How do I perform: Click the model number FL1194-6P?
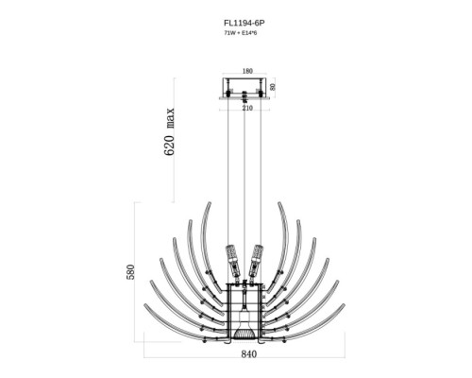click(x=244, y=23)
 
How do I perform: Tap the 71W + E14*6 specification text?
click(x=241, y=33)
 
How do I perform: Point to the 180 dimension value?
click(x=247, y=71)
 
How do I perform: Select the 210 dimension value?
click(x=247, y=108)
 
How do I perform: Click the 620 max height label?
click(x=169, y=132)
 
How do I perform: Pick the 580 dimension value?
click(x=130, y=272)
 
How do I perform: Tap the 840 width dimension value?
click(x=249, y=354)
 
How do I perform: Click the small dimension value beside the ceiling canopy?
click(x=273, y=87)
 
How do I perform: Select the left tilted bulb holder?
click(x=233, y=261)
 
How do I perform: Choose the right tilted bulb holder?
click(x=256, y=261)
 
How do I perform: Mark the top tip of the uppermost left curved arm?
click(x=210, y=202)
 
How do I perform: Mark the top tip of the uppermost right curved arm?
click(x=279, y=202)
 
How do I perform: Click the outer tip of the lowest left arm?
click(x=145, y=304)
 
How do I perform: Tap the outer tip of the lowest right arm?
click(x=344, y=304)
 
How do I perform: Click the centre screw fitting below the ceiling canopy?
click(x=244, y=97)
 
